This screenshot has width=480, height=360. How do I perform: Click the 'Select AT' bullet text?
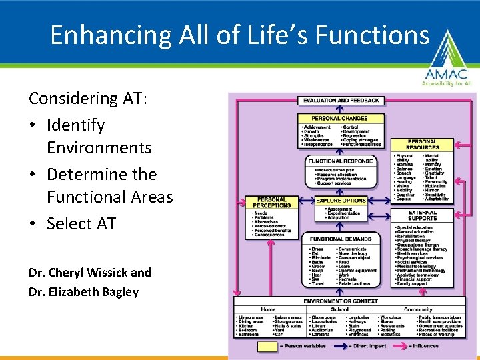click(81, 224)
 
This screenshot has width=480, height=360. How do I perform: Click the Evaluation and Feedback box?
click(341, 101)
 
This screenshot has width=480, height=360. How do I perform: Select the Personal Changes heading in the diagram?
click(340, 118)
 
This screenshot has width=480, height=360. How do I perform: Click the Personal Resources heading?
click(422, 145)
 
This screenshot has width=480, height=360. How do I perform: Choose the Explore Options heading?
click(341, 200)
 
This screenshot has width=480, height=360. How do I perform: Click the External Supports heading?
click(423, 217)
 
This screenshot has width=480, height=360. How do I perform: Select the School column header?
click(339, 309)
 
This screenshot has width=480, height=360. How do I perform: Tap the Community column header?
click(417, 309)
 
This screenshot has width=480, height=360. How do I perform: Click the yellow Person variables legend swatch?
click(268, 346)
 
